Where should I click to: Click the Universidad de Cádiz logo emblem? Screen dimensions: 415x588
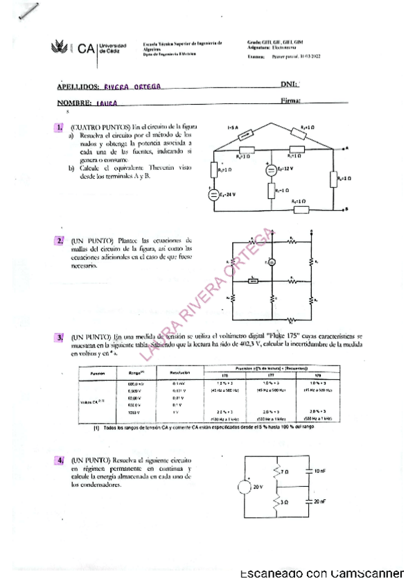[x=61, y=48]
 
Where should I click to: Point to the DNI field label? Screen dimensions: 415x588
[x=290, y=84]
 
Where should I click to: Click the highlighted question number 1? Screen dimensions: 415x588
[x=60, y=128]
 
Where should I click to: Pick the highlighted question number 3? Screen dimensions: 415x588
[x=60, y=337]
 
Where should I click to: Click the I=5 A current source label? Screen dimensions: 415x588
[x=233, y=128]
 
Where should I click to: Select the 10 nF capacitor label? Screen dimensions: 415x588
[x=318, y=472]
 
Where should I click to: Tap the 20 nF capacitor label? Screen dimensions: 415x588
[x=318, y=501]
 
